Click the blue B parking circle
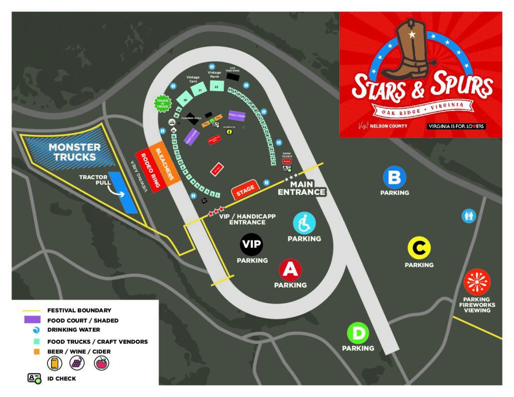[x=395, y=177]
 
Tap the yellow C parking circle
[x=419, y=248]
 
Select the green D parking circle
[x=358, y=333]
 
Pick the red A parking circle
[x=290, y=270]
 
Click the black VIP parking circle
[x=251, y=245]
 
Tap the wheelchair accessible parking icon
[x=304, y=223]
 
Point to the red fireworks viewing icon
[x=477, y=282]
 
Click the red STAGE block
[x=245, y=189]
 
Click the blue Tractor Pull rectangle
[x=123, y=192]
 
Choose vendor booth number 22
[x=216, y=86]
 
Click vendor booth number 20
[x=186, y=100]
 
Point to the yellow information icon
[x=229, y=132]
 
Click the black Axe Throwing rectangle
[x=232, y=77]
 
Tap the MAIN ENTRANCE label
[x=302, y=188]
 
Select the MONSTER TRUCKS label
[x=74, y=152]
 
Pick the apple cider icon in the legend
[x=101, y=363]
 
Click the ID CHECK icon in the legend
[x=34, y=378]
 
